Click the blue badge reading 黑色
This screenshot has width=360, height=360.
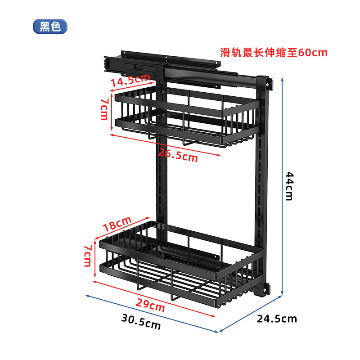[50, 27]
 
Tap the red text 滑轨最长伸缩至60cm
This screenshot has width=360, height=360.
[274, 52]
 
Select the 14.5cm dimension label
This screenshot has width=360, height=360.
[130, 81]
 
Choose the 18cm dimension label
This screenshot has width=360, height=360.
[117, 224]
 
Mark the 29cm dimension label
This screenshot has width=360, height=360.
[150, 306]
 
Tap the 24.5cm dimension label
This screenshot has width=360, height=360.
[277, 319]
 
